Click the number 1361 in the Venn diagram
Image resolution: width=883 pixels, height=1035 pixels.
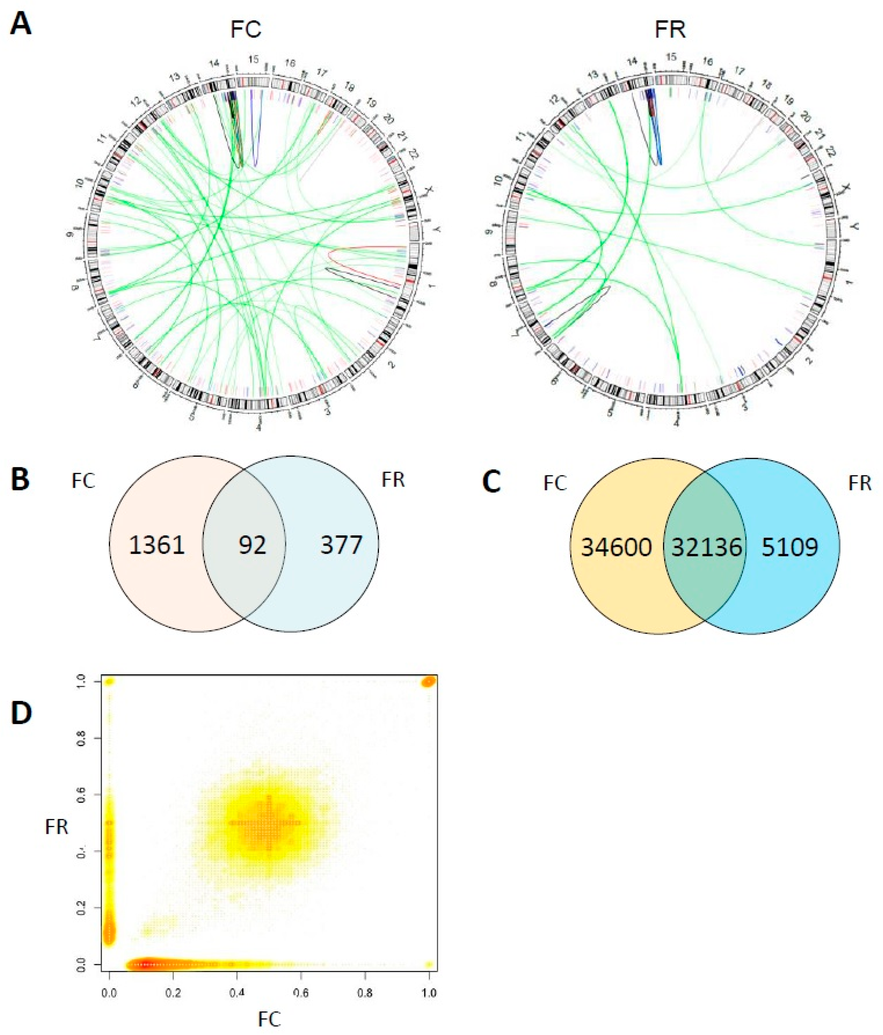tap(157, 544)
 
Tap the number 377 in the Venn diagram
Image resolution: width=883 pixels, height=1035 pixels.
tap(341, 544)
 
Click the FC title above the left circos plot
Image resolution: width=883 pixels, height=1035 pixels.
tap(246, 30)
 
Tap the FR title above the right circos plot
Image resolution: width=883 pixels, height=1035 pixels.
tap(670, 30)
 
